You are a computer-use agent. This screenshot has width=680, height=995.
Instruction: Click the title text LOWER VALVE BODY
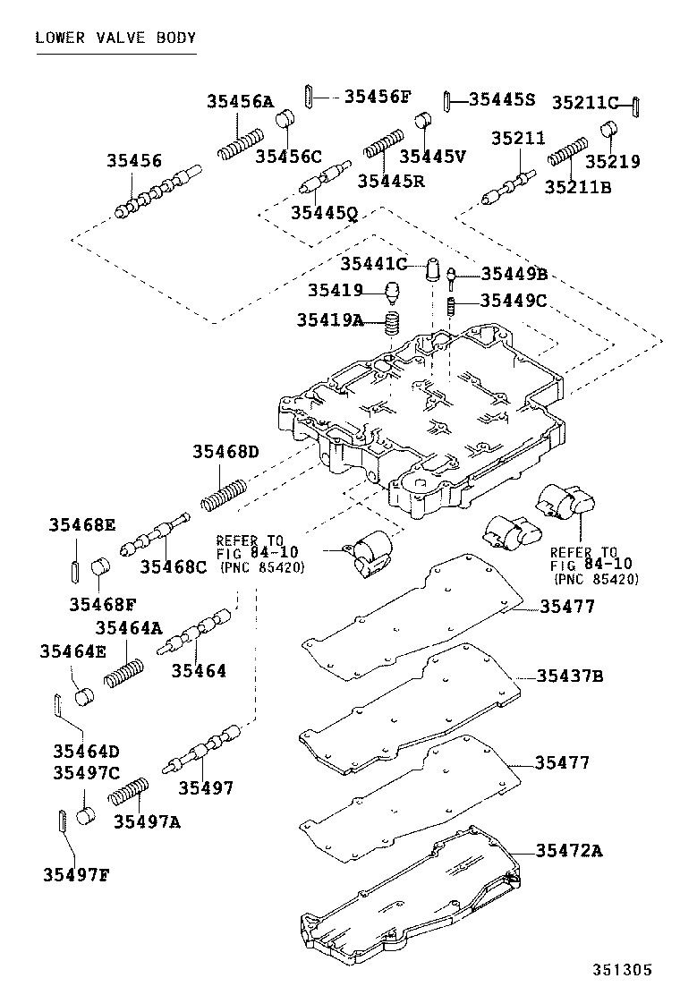click(x=115, y=38)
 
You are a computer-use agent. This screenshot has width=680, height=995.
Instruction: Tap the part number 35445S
click(x=502, y=99)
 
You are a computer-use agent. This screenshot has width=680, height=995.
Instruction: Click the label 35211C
click(x=584, y=102)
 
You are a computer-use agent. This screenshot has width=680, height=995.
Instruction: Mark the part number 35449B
click(x=514, y=274)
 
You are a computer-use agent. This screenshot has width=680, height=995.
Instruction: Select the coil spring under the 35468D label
click(x=224, y=494)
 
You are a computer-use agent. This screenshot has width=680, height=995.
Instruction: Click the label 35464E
click(x=72, y=651)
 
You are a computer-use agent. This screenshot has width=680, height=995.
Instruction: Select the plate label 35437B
click(x=570, y=676)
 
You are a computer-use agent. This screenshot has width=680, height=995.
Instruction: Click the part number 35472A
click(x=569, y=850)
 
